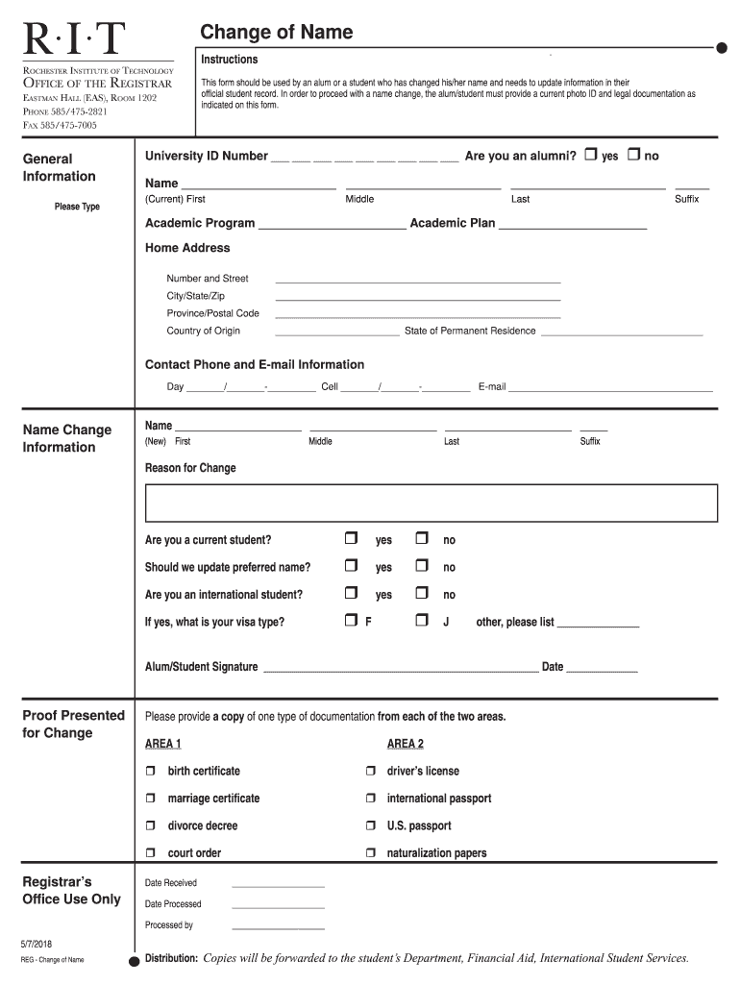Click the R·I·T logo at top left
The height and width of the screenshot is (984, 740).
pyautogui.click(x=75, y=39)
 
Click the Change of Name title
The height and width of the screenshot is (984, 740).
pyautogui.click(x=276, y=33)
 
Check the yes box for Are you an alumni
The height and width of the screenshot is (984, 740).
pyautogui.click(x=591, y=155)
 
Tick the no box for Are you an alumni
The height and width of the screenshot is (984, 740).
pyautogui.click(x=633, y=155)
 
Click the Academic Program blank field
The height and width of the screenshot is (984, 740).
pyautogui.click(x=333, y=225)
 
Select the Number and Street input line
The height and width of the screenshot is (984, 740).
pyautogui.click(x=417, y=280)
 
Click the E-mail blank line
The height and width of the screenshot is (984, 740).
pyautogui.click(x=610, y=388)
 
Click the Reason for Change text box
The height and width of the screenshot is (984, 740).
pyautogui.click(x=431, y=503)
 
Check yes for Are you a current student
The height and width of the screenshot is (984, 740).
pyautogui.click(x=351, y=538)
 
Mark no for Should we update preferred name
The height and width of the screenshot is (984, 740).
pyautogui.click(x=421, y=566)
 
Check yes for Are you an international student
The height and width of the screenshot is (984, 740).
pyautogui.click(x=351, y=593)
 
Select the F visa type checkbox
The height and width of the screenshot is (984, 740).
pyautogui.click(x=351, y=621)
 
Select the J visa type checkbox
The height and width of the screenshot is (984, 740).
pyautogui.click(x=421, y=621)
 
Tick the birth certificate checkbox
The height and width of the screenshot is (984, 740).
pyautogui.click(x=151, y=771)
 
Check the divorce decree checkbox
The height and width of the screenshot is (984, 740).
pyautogui.click(x=151, y=825)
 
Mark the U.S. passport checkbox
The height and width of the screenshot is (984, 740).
pyautogui.click(x=370, y=825)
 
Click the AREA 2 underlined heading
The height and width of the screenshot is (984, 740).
pyautogui.click(x=405, y=744)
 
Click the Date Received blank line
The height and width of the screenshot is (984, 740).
pyautogui.click(x=278, y=884)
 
